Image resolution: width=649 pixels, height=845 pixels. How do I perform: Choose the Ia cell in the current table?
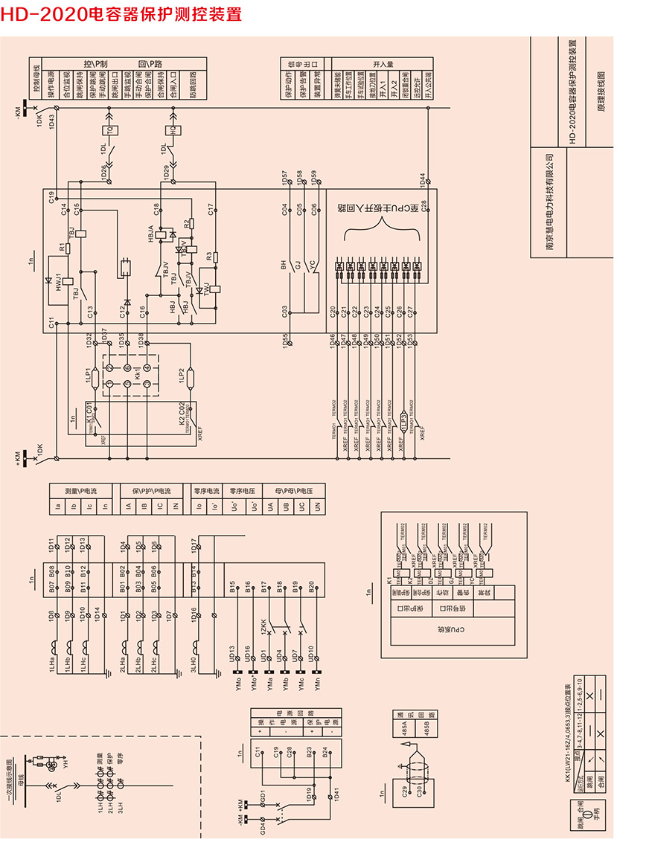(58, 506)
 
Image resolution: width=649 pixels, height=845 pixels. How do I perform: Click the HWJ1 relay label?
(57, 282)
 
